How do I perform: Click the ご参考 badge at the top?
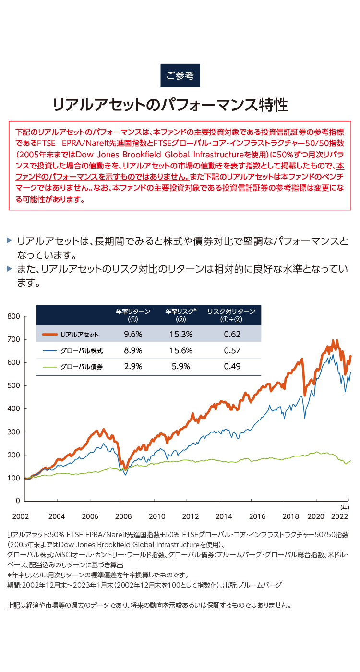180,75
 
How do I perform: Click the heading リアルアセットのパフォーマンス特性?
170,105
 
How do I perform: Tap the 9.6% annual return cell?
133,335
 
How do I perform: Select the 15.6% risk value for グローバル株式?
180,351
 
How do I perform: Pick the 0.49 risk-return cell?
232,367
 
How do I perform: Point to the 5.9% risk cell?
180,367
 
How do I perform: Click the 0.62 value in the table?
232,335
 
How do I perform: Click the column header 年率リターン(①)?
133,315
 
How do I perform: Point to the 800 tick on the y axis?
13,316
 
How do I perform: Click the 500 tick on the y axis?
13,385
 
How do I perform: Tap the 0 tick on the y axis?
18,501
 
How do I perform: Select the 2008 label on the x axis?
124,516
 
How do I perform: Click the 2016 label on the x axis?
257,516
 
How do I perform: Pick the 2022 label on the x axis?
339,516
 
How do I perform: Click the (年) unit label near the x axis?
345,507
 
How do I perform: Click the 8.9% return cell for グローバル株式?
133,351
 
